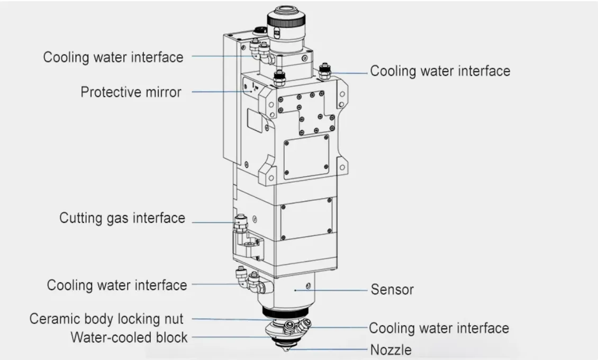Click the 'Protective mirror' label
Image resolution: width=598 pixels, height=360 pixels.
coord(131,92)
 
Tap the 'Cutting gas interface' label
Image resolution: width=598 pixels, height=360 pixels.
coord(122,218)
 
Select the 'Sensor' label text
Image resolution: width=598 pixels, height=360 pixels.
coord(392,290)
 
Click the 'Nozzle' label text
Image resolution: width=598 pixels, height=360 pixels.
coord(391,350)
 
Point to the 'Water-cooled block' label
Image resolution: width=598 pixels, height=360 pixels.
coord(129,337)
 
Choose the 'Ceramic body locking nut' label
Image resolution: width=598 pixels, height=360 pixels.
coord(106,319)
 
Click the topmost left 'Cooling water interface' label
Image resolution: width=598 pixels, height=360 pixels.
coord(113,57)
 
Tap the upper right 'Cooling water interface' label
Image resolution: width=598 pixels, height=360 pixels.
coord(440,71)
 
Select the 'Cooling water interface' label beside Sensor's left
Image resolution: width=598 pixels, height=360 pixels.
coord(117,285)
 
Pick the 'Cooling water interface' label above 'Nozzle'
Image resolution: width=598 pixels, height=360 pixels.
coord(439,328)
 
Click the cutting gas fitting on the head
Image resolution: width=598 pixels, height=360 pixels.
coord(241,222)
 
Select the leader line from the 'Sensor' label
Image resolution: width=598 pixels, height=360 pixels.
coord(339,290)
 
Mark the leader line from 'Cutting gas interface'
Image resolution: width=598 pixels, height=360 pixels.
coord(212,222)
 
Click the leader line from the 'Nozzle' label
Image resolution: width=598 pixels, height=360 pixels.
coord(328,349)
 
